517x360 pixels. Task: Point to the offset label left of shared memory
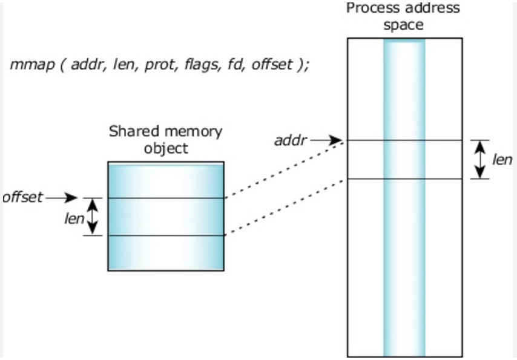[23, 197]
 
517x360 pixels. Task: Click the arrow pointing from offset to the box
[62, 197]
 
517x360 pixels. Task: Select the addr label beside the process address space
[291, 141]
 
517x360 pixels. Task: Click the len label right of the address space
[502, 160]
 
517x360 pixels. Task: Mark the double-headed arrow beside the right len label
[480, 160]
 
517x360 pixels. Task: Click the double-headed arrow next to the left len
[92, 217]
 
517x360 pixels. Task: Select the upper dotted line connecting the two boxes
[285, 169]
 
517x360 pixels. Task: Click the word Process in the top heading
[369, 8]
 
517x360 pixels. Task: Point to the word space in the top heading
[404, 25]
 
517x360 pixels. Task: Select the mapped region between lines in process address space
[404, 160]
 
